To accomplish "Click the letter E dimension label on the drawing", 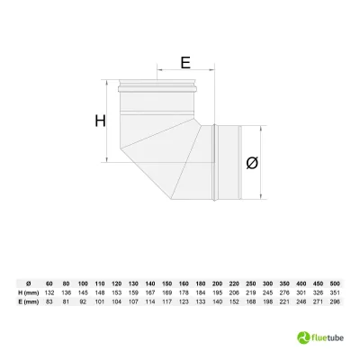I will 184,63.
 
